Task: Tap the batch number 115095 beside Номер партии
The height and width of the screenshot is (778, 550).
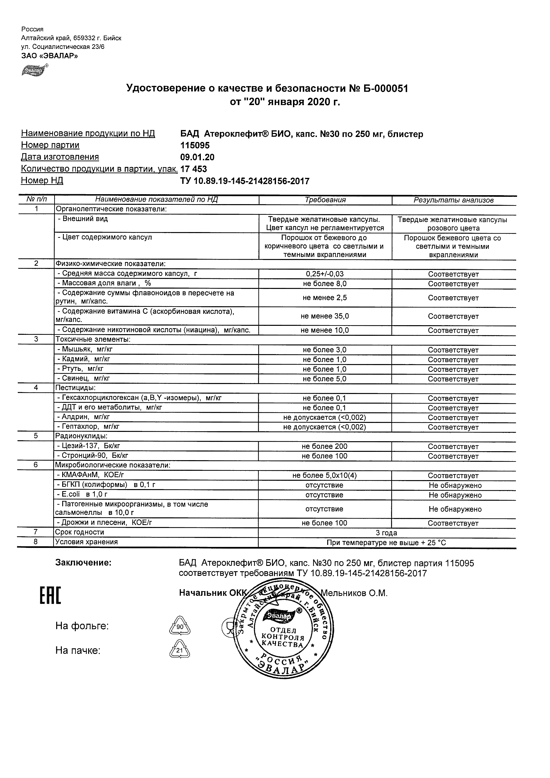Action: tap(195, 145)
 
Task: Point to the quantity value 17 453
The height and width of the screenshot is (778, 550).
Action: tap(194, 169)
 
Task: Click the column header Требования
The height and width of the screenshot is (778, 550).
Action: tap(325, 200)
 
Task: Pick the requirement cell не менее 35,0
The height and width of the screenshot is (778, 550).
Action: tap(325, 316)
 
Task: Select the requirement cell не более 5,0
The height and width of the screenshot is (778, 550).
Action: tap(325, 379)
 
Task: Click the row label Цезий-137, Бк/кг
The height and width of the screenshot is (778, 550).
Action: tap(88, 446)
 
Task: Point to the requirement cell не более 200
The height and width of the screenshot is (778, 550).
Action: tap(325, 447)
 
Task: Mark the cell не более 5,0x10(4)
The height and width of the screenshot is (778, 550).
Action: tap(325, 476)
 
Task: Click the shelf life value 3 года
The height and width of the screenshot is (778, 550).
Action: tap(387, 533)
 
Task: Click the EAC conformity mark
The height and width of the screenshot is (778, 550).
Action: tap(50, 596)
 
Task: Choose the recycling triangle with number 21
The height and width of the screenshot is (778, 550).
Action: tap(180, 650)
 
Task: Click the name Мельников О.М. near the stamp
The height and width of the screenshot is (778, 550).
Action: tap(354, 593)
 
